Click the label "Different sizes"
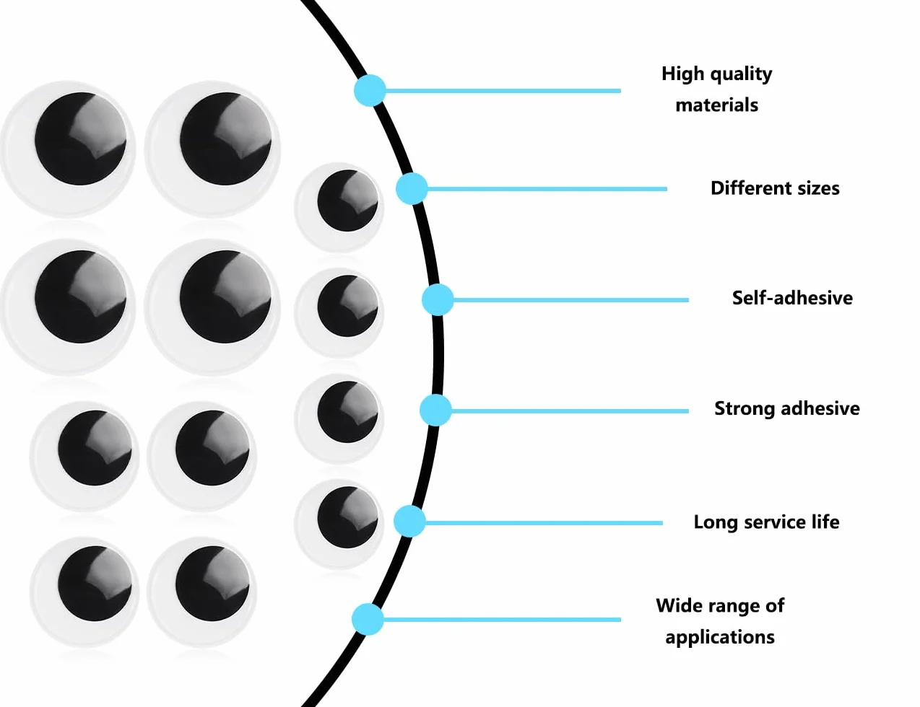click(x=775, y=188)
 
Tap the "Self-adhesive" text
click(x=792, y=298)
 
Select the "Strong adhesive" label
click(x=786, y=408)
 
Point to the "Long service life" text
click(x=766, y=522)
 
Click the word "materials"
click(x=716, y=105)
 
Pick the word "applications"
click(x=720, y=637)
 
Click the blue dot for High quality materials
click(x=370, y=90)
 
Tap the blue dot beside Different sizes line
click(x=412, y=188)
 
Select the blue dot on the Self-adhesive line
click(x=438, y=300)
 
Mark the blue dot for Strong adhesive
click(x=435, y=410)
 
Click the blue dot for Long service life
click(x=409, y=522)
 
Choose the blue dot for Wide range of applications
click(x=368, y=620)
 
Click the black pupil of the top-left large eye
click(x=80, y=139)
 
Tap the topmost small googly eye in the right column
click(x=339, y=207)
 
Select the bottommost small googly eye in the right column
click(x=339, y=524)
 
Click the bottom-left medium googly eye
click(x=84, y=592)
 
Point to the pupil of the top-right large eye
click(x=225, y=139)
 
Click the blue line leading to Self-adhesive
click(x=570, y=300)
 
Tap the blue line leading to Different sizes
click(x=547, y=189)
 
